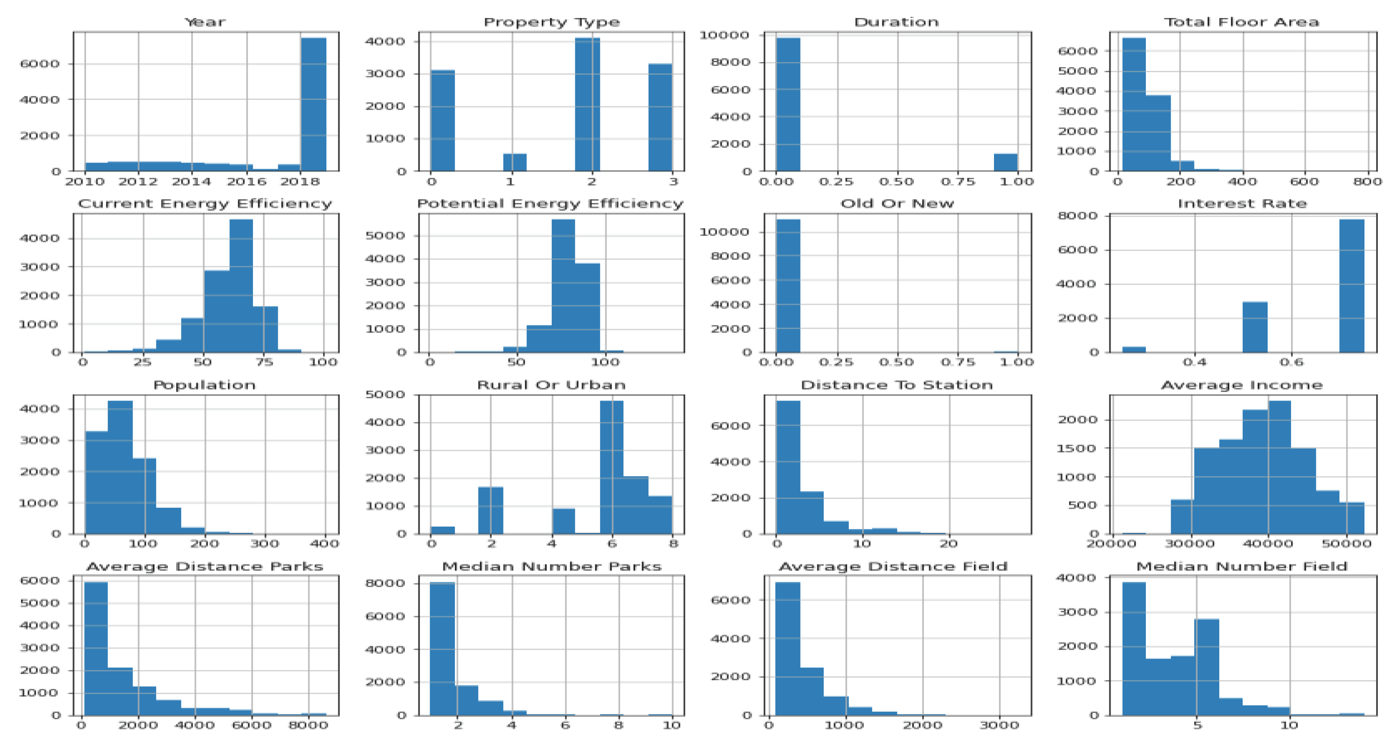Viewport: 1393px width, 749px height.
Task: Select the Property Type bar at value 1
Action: tap(515, 162)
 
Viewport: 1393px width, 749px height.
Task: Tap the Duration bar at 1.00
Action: tap(1005, 162)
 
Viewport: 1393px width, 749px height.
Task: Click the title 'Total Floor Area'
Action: tap(1241, 22)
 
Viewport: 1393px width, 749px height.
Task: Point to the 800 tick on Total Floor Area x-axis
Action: tap(1367, 182)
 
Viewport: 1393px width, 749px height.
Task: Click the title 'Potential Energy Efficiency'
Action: tap(550, 204)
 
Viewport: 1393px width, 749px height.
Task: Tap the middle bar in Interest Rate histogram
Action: tap(1255, 327)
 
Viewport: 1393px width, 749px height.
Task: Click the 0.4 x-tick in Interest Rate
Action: tap(1194, 362)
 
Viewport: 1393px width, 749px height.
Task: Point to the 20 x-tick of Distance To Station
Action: tap(949, 544)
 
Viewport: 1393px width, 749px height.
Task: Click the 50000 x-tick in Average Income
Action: tap(1346, 544)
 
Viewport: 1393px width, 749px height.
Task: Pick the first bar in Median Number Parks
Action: tap(442, 648)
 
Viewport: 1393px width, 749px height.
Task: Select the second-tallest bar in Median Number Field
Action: tap(1206, 667)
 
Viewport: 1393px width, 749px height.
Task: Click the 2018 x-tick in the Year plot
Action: tap(300, 182)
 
